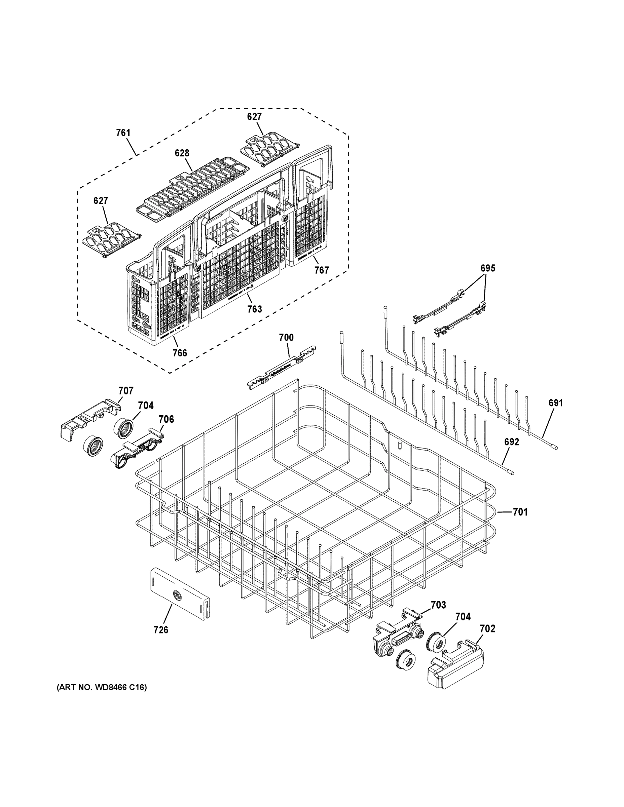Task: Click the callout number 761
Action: click(x=123, y=133)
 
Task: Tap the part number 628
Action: click(x=182, y=153)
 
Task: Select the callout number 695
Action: click(x=487, y=268)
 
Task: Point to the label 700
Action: click(x=286, y=337)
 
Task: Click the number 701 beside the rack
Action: click(x=520, y=512)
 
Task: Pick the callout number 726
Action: click(x=161, y=630)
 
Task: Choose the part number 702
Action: click(x=487, y=628)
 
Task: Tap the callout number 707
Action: click(x=126, y=391)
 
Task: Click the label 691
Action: click(x=555, y=403)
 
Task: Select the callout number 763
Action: click(x=254, y=309)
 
